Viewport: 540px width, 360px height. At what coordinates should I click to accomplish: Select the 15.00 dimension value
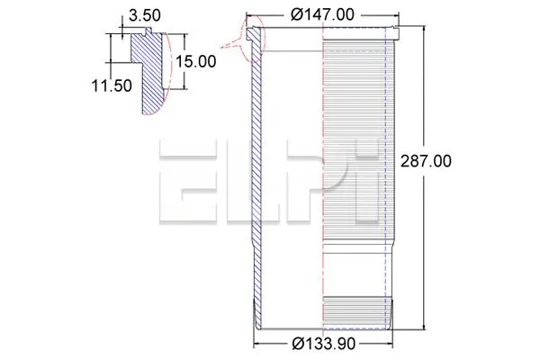[x=195, y=61]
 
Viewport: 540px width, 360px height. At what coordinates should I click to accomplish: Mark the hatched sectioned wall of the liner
[x=256, y=180]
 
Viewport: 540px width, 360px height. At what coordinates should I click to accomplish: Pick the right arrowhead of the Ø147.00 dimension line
[x=396, y=15]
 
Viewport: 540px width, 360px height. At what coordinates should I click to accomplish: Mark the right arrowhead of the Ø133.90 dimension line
[x=389, y=342]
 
